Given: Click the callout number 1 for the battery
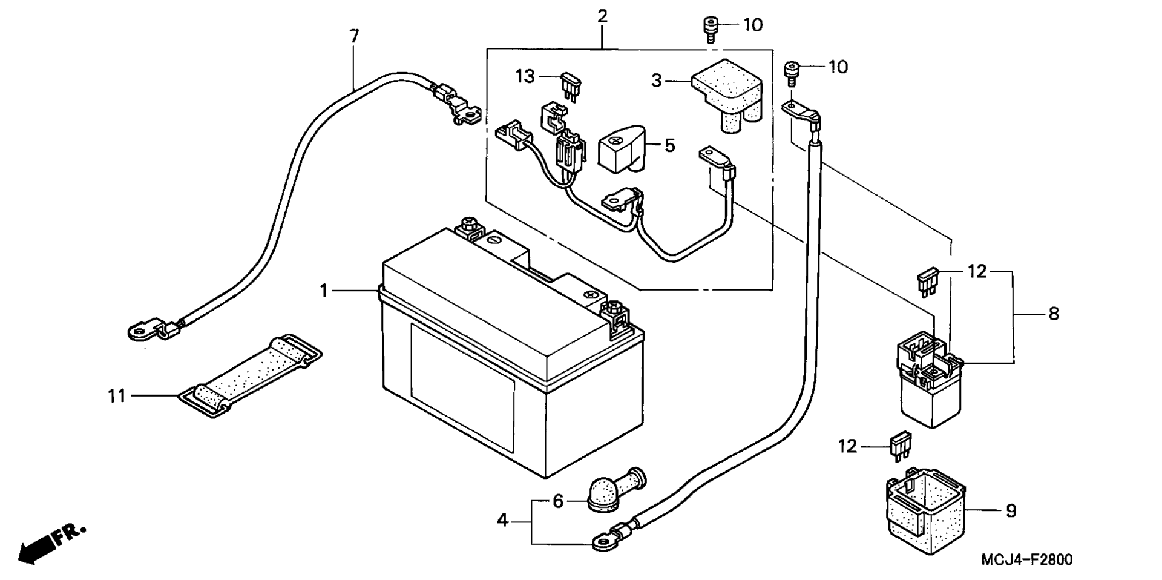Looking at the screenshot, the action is click(x=324, y=291).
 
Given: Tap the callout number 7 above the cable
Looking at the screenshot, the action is click(x=354, y=36).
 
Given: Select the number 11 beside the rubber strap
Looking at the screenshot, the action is click(x=117, y=396).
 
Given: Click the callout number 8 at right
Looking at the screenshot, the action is click(x=1054, y=314).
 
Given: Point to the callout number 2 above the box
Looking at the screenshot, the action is click(x=602, y=16).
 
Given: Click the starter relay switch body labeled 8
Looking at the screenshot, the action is click(x=926, y=381).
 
